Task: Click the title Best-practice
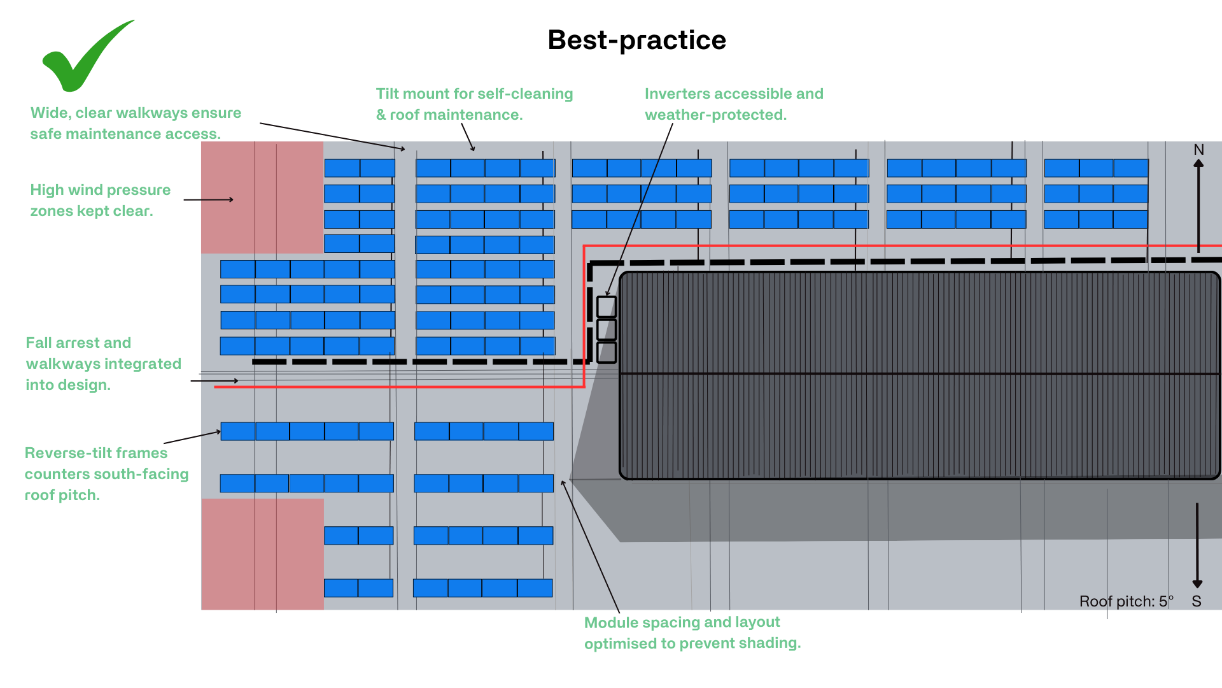[x=636, y=40]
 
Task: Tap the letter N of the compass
[x=1198, y=150]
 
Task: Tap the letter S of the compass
[x=1197, y=601]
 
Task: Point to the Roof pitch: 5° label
[x=1126, y=601]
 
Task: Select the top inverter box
[x=607, y=307]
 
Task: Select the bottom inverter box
[x=607, y=352]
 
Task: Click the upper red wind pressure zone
[x=262, y=197]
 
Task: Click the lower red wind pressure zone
[x=262, y=554]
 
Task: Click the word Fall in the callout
[x=38, y=343]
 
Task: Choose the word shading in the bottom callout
[x=773, y=643]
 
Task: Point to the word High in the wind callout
[x=46, y=190]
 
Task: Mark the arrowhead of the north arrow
[x=1198, y=163]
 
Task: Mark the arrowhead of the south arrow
[x=1197, y=584]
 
